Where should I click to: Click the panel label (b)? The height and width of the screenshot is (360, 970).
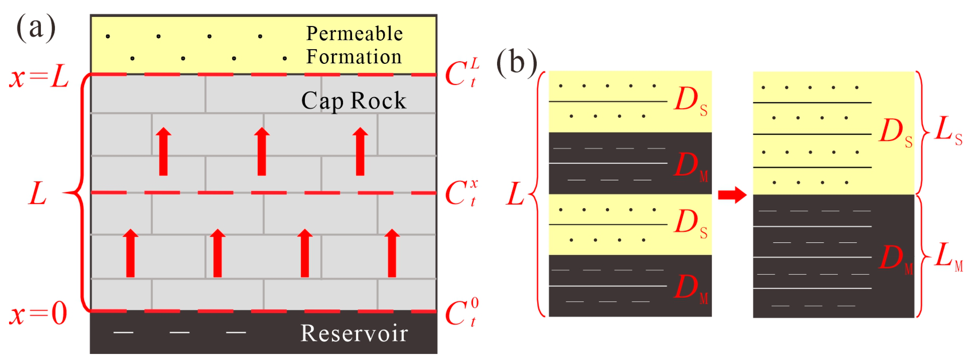[x=517, y=62]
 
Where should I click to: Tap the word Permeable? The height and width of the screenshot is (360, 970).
[x=354, y=34]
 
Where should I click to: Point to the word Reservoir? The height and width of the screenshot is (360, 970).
[x=354, y=334]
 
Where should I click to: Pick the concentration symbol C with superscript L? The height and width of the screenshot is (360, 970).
[x=461, y=72]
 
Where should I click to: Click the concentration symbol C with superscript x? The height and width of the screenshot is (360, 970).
[x=461, y=192]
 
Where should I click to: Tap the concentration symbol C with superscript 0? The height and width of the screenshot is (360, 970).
[x=461, y=312]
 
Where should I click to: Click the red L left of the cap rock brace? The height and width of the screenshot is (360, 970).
[x=38, y=194]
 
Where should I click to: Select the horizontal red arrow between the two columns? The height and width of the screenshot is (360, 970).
[x=732, y=195]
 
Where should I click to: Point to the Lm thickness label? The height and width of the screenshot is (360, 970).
[x=948, y=257]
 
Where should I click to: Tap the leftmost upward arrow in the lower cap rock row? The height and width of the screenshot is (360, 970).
[x=130, y=253]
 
